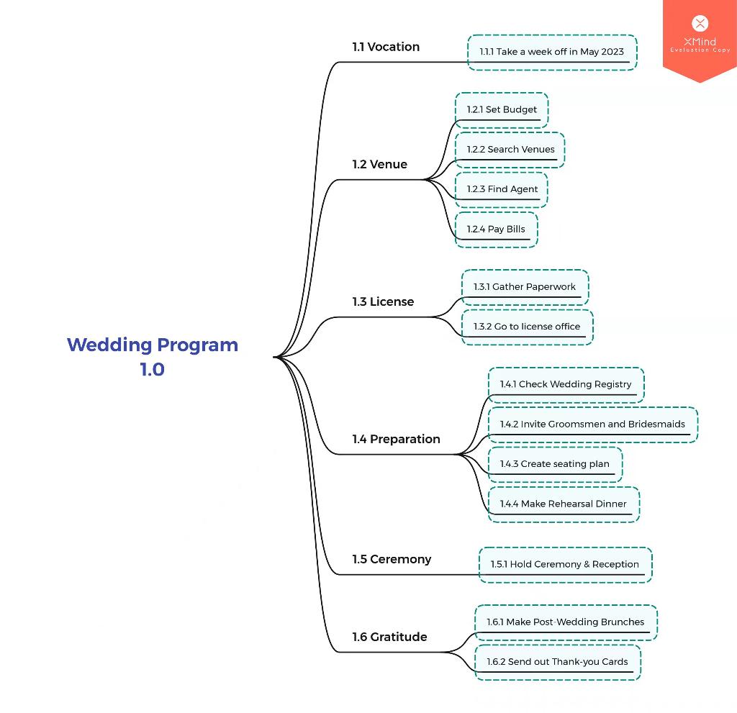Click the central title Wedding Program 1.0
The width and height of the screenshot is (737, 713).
coord(153,357)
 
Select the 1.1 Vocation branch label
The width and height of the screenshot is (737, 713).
coord(386,47)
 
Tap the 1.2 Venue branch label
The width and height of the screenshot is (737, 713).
coord(379,164)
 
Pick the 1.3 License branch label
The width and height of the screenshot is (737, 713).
coord(383,301)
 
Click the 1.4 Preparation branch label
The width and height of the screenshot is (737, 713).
coord(396,439)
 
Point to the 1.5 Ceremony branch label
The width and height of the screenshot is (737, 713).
coord(392,559)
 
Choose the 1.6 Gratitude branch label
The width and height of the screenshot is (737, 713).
coord(389,637)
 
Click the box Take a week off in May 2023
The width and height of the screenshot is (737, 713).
coord(552,52)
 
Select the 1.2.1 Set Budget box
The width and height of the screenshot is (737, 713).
coord(502,109)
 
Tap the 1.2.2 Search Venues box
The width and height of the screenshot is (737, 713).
coord(510,150)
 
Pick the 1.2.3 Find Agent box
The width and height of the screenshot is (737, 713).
coord(502,189)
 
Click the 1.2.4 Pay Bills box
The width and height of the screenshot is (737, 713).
coord(496,230)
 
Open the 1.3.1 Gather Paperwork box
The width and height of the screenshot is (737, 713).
coord(525,287)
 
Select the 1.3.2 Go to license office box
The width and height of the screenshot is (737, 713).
coord(527,327)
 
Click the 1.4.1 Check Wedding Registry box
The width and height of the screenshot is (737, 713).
coord(566,384)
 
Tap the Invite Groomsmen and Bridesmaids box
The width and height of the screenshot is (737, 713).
coord(592,424)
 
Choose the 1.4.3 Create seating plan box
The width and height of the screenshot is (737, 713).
coord(554,464)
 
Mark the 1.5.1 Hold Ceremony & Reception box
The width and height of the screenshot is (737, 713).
coord(565,564)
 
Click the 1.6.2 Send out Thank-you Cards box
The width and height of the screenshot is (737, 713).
coord(557,662)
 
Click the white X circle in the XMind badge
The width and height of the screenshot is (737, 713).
coord(700,24)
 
